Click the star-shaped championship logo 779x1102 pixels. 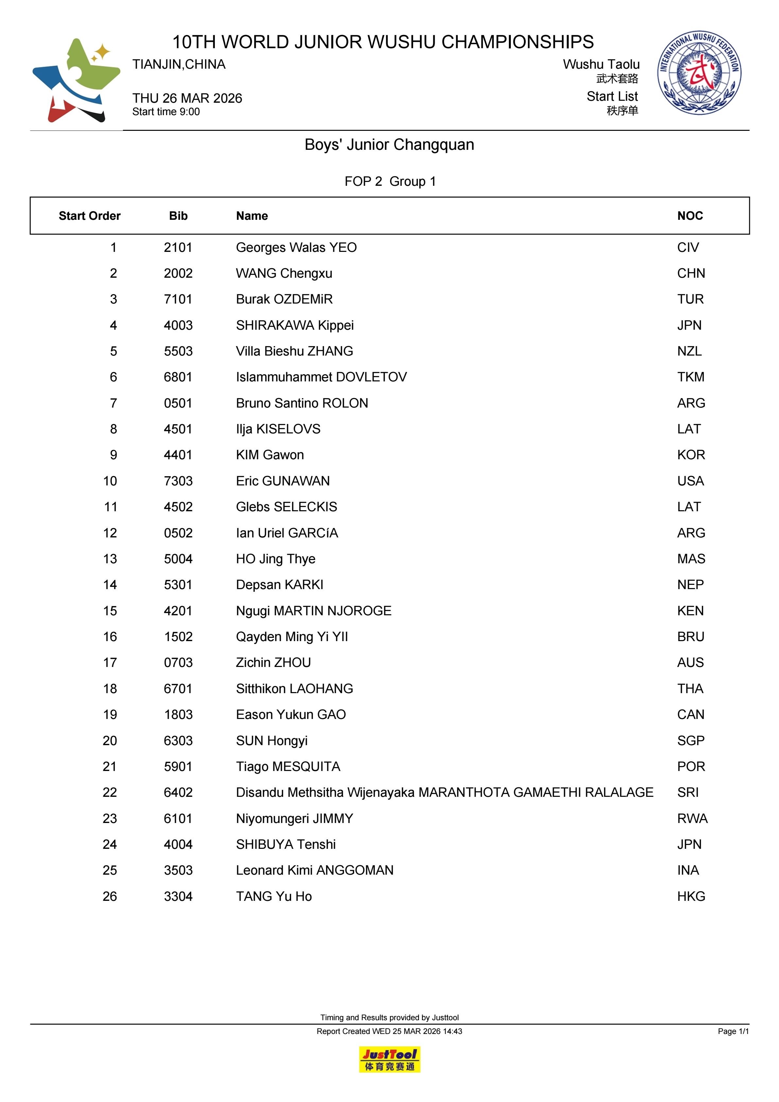tap(76, 80)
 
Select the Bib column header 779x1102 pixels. tap(178, 216)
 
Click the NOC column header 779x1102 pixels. tap(690, 216)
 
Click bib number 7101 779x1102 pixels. tap(178, 300)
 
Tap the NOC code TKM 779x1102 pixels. tap(691, 377)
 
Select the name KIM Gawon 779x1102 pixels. tap(270, 455)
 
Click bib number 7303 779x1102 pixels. tap(178, 481)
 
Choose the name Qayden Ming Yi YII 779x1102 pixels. tap(292, 637)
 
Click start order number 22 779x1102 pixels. tap(110, 793)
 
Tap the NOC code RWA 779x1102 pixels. tap(692, 818)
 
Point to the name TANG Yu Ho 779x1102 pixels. tap(274, 896)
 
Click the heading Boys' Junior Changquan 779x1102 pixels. tap(389, 145)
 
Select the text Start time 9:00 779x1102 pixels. tap(166, 112)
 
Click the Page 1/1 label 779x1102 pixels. tap(733, 1031)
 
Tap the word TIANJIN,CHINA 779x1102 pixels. tap(179, 64)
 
